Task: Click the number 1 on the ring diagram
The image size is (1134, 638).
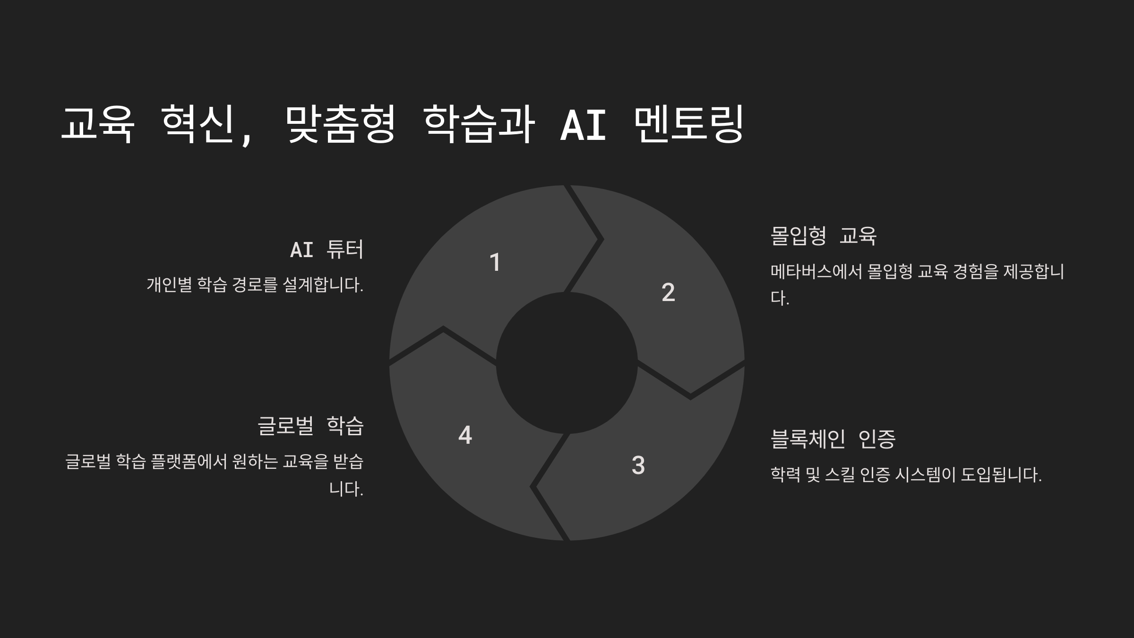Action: [x=495, y=262]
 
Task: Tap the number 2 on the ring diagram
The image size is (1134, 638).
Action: [x=668, y=292]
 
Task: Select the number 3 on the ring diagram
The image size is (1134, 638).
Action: [x=638, y=465]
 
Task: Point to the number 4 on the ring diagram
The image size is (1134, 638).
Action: [x=465, y=435]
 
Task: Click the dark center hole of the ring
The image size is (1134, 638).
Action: [x=567, y=363]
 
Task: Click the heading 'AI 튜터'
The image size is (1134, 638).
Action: [x=326, y=250]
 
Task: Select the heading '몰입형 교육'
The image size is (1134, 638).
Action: [x=823, y=235]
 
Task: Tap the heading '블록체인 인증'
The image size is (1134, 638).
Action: [x=833, y=439]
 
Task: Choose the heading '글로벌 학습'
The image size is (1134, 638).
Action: [x=310, y=425]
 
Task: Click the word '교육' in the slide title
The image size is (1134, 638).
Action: [x=98, y=124]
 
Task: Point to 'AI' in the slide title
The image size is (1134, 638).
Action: [x=583, y=125]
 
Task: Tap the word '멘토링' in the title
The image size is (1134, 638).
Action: [x=688, y=124]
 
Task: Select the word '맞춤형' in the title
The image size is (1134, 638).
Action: [x=340, y=124]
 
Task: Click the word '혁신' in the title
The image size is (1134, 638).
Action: [x=198, y=124]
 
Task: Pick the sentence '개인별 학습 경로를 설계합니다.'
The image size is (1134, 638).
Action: [x=255, y=285]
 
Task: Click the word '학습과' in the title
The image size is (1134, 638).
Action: [x=479, y=124]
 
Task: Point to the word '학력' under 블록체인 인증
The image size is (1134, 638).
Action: [x=785, y=474]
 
